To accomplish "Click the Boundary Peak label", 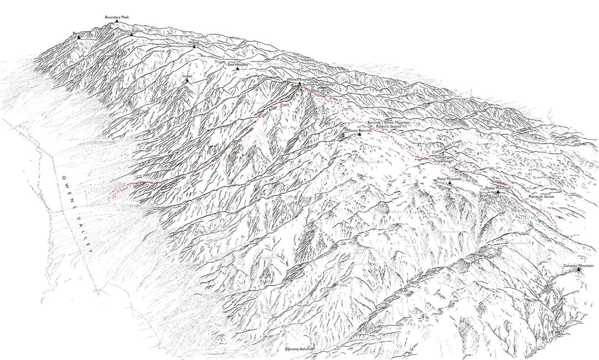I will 116,17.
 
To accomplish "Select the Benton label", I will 79,33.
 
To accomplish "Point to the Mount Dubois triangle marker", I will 131,35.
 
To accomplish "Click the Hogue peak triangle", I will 194,47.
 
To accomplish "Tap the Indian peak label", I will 187,75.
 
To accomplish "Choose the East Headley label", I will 238,65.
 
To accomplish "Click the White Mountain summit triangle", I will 299,84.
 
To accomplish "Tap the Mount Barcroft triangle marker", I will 359,134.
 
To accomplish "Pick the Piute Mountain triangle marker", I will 449,183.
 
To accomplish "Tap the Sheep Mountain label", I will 498,188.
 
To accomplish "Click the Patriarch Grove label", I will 541,197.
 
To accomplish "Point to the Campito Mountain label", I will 574,266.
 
